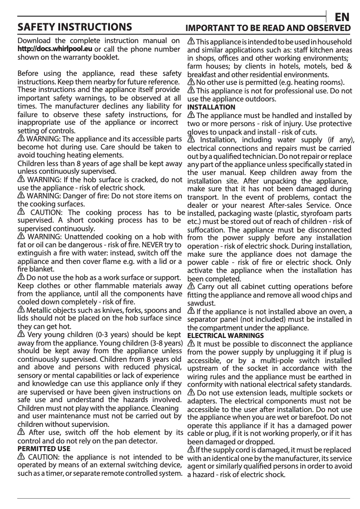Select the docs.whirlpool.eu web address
pos(55,49)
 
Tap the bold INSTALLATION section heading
pos(211,107)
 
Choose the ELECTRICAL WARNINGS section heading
pos(225,335)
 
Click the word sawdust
pos(201,303)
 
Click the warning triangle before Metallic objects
pos(21,310)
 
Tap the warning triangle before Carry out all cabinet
pos(191,286)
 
